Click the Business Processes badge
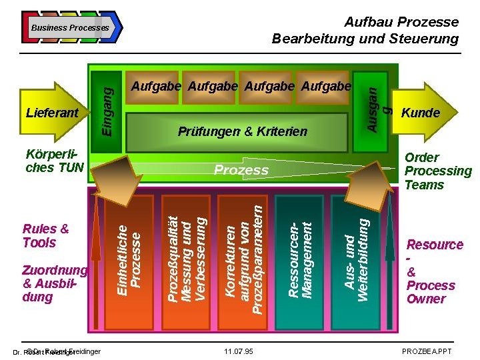click(x=70, y=27)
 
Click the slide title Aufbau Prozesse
click(x=401, y=23)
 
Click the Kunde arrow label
click(x=420, y=113)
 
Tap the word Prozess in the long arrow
click(x=241, y=170)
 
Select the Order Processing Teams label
click(x=438, y=171)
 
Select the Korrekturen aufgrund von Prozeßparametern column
click(x=244, y=260)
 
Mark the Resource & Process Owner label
click(x=434, y=271)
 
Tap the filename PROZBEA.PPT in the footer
click(x=426, y=351)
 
